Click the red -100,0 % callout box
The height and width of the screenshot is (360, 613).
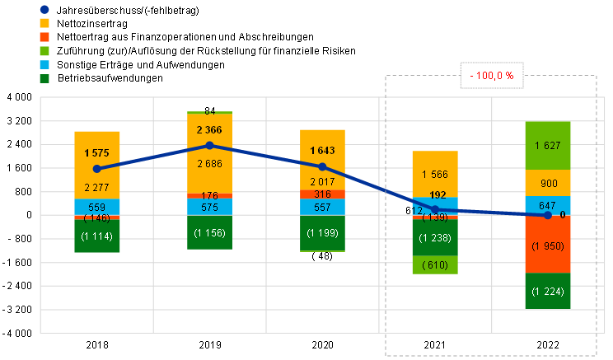pyautogui.click(x=493, y=76)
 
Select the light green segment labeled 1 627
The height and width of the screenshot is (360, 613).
pyautogui.click(x=548, y=146)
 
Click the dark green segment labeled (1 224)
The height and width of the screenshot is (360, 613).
pyautogui.click(x=548, y=291)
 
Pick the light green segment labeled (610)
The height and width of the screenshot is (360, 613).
pyautogui.click(x=435, y=265)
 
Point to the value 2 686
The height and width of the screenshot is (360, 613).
pyautogui.click(x=209, y=163)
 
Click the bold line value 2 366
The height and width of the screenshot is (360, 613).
pyautogui.click(x=209, y=129)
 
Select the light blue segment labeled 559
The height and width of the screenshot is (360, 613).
pyautogui.click(x=96, y=208)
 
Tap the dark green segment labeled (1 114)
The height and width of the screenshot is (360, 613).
pyautogui.click(x=96, y=236)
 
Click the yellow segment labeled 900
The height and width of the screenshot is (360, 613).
pyautogui.click(x=548, y=183)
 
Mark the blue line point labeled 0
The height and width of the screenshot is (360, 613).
pyautogui.click(x=548, y=215)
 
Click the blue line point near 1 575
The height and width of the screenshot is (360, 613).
pyautogui.click(x=96, y=168)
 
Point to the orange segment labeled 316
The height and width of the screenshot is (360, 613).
pyautogui.click(x=322, y=194)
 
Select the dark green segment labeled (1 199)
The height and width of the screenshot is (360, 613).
pyautogui.click(x=322, y=233)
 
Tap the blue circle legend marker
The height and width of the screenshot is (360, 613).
pyautogui.click(x=44, y=10)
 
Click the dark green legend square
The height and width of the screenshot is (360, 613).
pyautogui.click(x=44, y=79)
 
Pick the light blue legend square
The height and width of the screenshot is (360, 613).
pyautogui.click(x=44, y=65)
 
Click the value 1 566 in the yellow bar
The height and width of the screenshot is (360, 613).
pyautogui.click(x=435, y=174)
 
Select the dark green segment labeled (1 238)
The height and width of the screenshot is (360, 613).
pyautogui.click(x=435, y=238)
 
